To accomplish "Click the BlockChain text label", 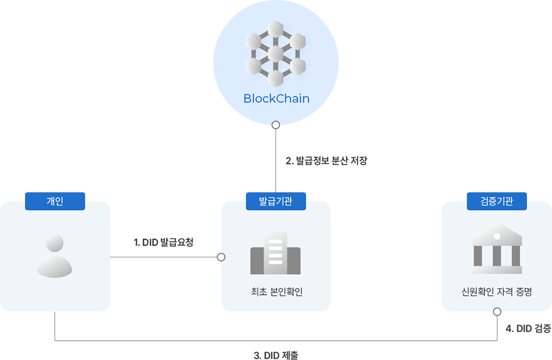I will tap(276, 98).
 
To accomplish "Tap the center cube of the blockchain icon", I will tap(276, 54).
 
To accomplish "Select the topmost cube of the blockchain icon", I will tap(276, 29).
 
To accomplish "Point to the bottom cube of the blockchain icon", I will tap(276, 78).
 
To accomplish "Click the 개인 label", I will tap(55, 201).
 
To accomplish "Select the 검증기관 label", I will tap(496, 201).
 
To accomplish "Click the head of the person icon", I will tap(55, 244).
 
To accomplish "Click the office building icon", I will tap(275, 253).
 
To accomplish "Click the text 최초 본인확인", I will tap(275, 292).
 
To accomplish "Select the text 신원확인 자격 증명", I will tap(496, 292).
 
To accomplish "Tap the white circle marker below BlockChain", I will tap(275, 125).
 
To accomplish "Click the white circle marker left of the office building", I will tap(221, 257).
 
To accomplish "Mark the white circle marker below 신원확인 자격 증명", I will tap(497, 312).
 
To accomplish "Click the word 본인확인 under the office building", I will tap(287, 292).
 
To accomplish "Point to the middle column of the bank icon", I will tap(497, 256).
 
